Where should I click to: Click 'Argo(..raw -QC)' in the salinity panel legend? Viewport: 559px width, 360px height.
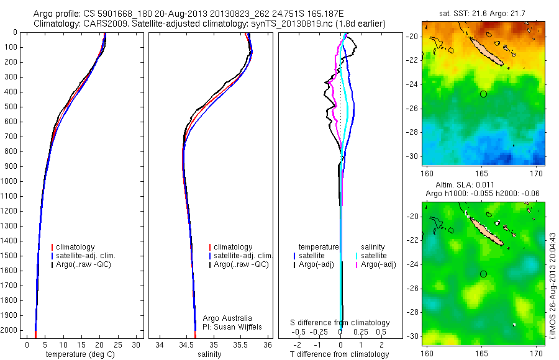[x=240, y=264]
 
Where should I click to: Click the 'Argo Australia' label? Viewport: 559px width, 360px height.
[x=227, y=318]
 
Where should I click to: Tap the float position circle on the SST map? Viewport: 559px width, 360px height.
[x=483, y=94]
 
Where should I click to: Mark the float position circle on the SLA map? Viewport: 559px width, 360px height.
[x=483, y=274]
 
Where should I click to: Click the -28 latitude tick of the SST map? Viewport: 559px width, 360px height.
[x=414, y=132]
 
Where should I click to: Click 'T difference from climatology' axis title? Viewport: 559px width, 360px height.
[x=339, y=354]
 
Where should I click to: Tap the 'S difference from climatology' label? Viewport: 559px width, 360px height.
[x=340, y=323]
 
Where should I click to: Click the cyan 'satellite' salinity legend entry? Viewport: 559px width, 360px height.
[x=373, y=256]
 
